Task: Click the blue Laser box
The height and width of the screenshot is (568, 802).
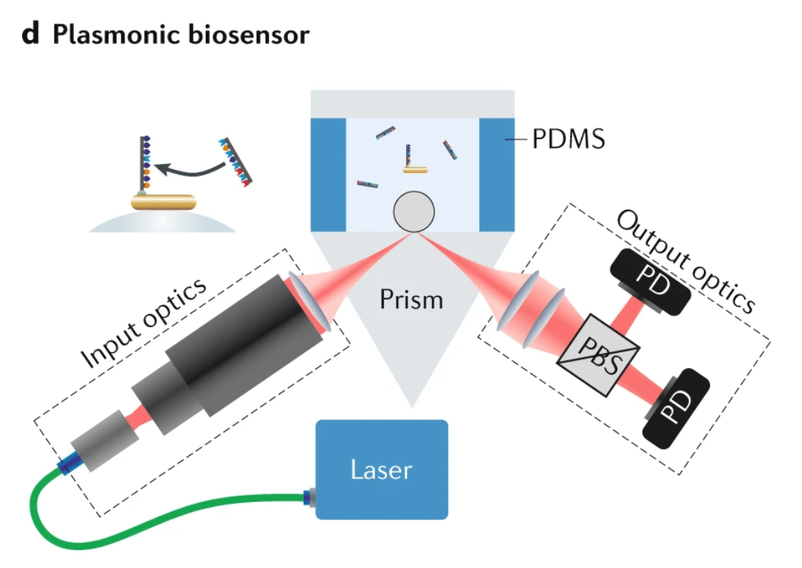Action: click(x=381, y=469)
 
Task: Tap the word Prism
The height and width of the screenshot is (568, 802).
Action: click(x=412, y=299)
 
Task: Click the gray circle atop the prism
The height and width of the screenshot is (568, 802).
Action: click(x=413, y=211)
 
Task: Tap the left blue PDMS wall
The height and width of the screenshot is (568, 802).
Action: click(x=328, y=174)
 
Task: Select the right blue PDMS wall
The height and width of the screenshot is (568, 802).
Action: click(x=497, y=174)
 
